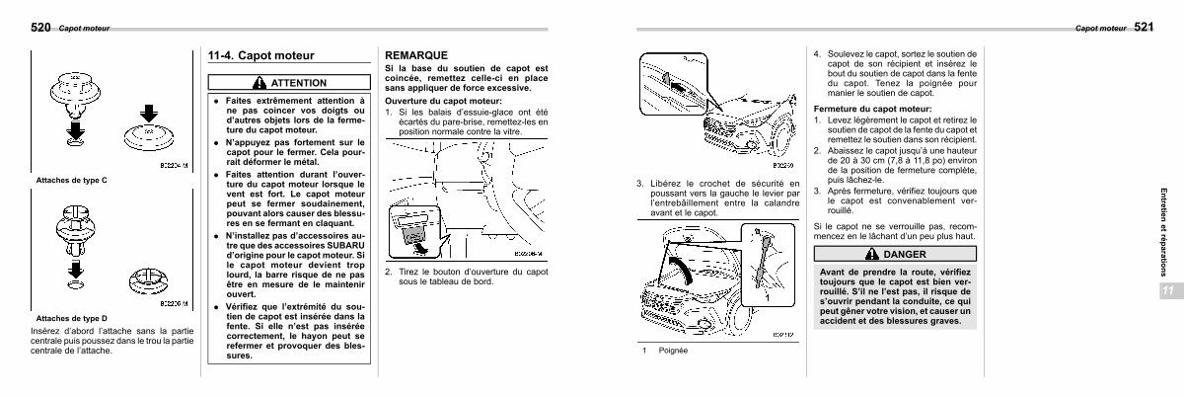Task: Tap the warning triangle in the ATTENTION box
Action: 259,83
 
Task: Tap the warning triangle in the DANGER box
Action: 869,255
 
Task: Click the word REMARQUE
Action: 418,56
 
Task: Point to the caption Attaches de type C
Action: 71,181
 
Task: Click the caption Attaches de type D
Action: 71,319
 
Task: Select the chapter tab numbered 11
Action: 1166,289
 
